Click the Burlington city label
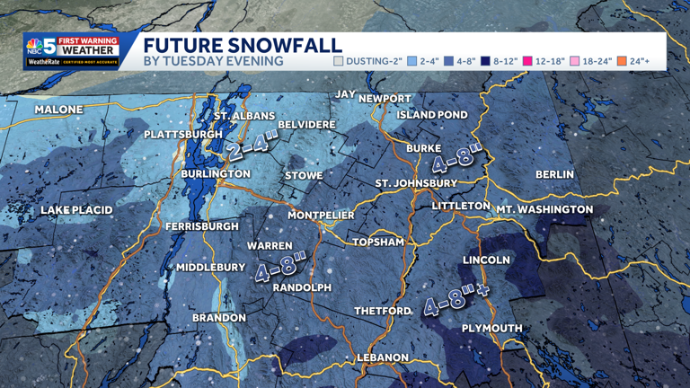tap(216, 173)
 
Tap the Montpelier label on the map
tap(321, 216)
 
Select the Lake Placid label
tap(76, 210)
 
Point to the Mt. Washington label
tap(544, 209)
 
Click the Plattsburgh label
tap(183, 135)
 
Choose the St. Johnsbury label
tap(416, 183)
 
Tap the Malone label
tap(58, 110)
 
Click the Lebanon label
tap(383, 357)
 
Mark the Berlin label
tap(554, 174)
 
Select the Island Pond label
tap(432, 115)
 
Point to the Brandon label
tap(219, 318)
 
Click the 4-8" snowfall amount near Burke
tap(456, 156)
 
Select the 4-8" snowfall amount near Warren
tap(280, 268)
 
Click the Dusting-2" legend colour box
tap(339, 62)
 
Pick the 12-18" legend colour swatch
tap(528, 62)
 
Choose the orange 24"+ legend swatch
tap(622, 62)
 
